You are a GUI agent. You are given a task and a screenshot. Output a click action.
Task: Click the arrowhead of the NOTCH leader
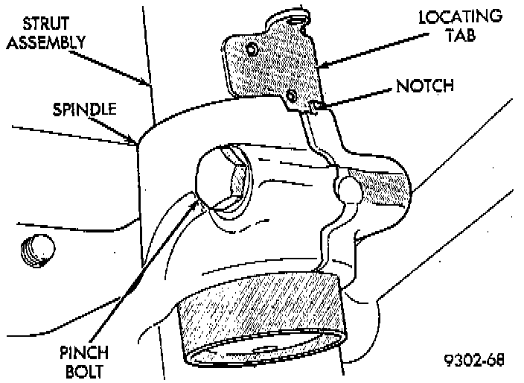click(321, 107)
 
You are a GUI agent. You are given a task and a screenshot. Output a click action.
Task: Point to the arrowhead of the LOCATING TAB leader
click(321, 68)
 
